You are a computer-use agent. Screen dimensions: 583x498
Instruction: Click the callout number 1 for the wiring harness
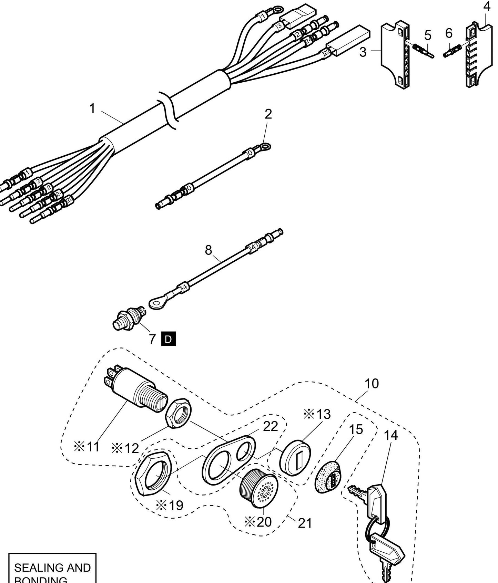coord(92,108)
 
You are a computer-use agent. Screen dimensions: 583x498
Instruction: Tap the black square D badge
coord(169,339)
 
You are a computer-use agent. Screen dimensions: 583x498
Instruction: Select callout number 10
coord(372,383)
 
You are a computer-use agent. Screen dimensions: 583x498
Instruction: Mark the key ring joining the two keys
coord(377,526)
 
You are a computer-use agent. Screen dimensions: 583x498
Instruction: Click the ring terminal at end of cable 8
coord(157,303)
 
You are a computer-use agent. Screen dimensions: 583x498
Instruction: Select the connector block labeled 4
coord(475,55)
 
